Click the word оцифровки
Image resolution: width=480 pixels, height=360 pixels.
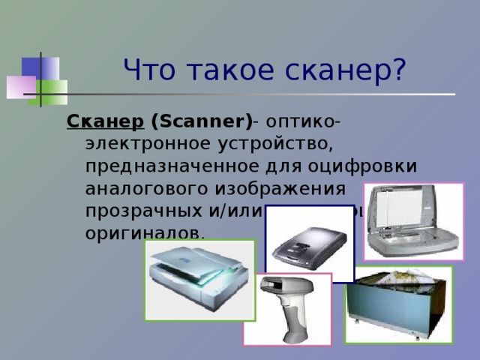[x=367, y=165]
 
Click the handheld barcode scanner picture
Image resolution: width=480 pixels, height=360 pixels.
[x=287, y=309]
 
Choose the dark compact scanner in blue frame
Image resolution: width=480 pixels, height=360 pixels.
[x=309, y=244]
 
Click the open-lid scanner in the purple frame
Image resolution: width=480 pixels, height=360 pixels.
[x=413, y=221]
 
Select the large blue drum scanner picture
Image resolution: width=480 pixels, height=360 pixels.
[x=398, y=303]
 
